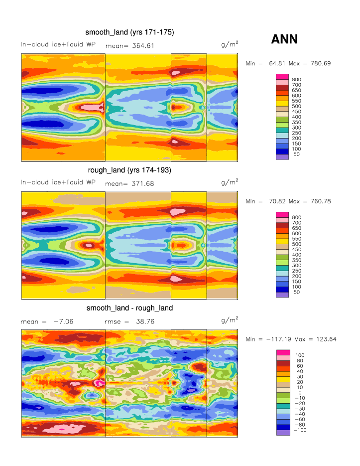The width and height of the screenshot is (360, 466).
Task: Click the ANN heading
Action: pyautogui.click(x=284, y=39)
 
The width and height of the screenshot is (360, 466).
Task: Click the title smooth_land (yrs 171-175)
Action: pyautogui.click(x=129, y=33)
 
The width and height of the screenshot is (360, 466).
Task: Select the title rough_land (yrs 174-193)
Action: pyautogui.click(x=129, y=170)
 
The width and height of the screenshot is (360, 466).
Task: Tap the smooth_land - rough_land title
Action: pyautogui.click(x=129, y=308)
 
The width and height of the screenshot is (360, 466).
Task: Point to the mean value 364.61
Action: pyautogui.click(x=143, y=46)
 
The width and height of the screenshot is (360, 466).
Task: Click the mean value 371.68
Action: pyautogui.click(x=143, y=183)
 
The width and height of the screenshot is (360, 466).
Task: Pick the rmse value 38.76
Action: pyautogui.click(x=143, y=321)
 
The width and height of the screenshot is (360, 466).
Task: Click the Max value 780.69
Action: pyautogui.click(x=320, y=64)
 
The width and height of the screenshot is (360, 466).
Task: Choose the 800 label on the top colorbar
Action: pyautogui.click(x=297, y=80)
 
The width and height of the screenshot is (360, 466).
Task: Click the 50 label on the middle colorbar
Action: pyautogui.click(x=295, y=292)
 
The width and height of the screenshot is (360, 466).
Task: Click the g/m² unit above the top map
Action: pyautogui.click(x=230, y=44)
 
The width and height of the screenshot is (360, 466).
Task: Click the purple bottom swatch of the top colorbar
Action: pyautogui.click(x=282, y=156)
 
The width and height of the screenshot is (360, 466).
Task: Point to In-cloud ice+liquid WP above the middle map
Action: pyautogui.click(x=58, y=182)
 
